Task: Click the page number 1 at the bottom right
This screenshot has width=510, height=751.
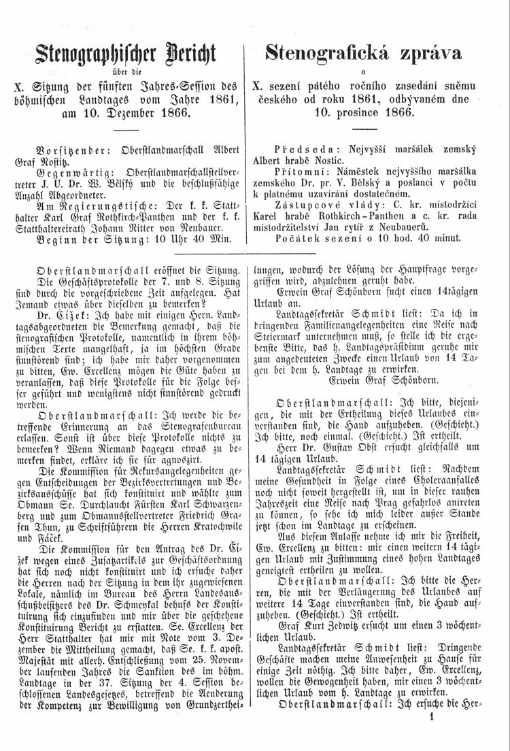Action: pos(488,734)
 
